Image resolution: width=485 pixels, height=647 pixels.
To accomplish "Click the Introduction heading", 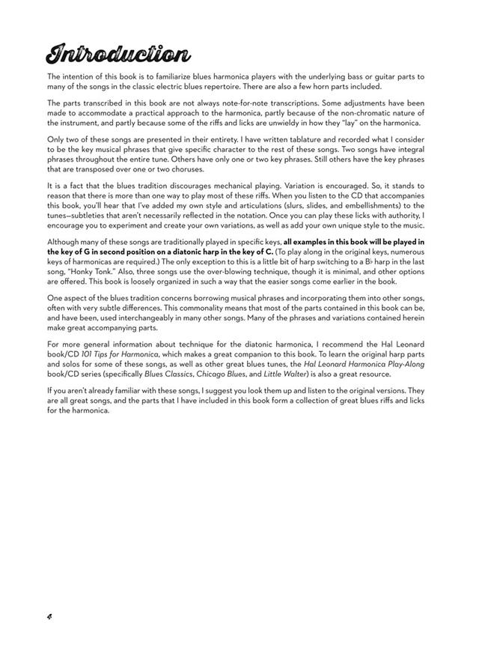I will (x=118, y=53).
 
